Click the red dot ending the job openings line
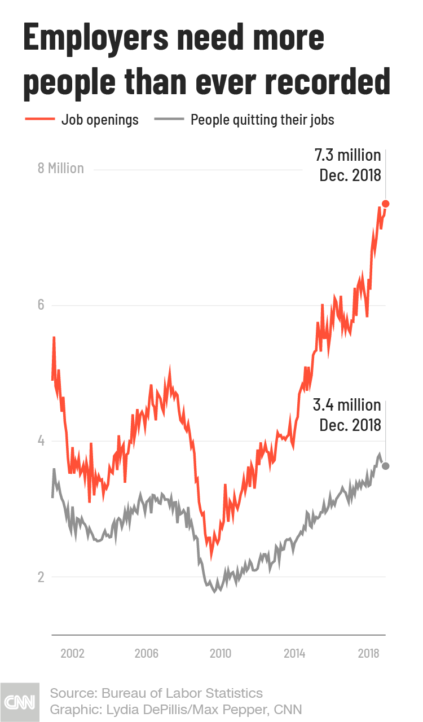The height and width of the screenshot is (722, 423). (386, 204)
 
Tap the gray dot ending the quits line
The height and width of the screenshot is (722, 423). (386, 466)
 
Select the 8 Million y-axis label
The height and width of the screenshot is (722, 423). (60, 168)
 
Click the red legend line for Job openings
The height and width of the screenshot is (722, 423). (39, 120)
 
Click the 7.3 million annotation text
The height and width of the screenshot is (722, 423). (347, 155)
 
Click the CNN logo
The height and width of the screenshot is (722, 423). (20, 702)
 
